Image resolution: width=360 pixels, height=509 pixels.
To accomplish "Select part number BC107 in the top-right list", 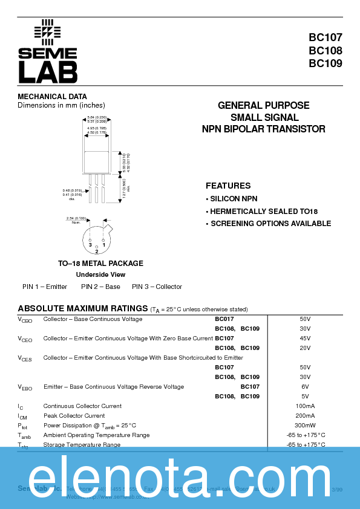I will coord(326,38).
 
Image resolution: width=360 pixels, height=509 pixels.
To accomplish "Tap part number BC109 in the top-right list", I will coord(326,63).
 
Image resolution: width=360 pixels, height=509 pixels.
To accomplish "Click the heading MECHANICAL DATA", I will coord(52,97).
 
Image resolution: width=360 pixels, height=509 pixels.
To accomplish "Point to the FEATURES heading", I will coord(228,186).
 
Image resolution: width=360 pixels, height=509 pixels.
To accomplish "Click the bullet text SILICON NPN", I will coord(234,199).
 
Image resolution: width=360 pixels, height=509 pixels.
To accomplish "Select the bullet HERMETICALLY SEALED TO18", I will coord(263,212).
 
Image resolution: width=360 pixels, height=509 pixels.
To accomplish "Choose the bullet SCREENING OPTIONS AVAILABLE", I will coord(270,224).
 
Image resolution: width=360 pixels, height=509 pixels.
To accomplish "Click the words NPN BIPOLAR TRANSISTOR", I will coord(263,129).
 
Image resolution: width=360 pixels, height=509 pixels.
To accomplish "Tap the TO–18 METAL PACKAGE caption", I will coord(100,264).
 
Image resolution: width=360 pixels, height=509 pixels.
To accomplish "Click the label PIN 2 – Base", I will coord(100,287).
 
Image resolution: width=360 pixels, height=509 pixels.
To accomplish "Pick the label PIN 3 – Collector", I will coord(157,287).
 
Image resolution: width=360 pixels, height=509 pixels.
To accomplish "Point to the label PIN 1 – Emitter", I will coord(45,287).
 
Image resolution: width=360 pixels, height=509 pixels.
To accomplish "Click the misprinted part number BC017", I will coord(224,319).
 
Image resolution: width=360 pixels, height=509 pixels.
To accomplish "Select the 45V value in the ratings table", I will coord(305,339).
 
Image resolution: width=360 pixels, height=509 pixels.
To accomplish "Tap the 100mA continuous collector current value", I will coord(305,406).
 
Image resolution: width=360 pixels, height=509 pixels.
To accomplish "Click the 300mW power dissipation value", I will coord(305,426).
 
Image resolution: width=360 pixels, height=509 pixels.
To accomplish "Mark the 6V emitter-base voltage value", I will coord(305,387).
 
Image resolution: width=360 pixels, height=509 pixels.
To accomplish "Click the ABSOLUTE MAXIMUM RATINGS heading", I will coord(83,308).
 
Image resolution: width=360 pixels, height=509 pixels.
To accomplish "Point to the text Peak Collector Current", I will coord(74,416).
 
